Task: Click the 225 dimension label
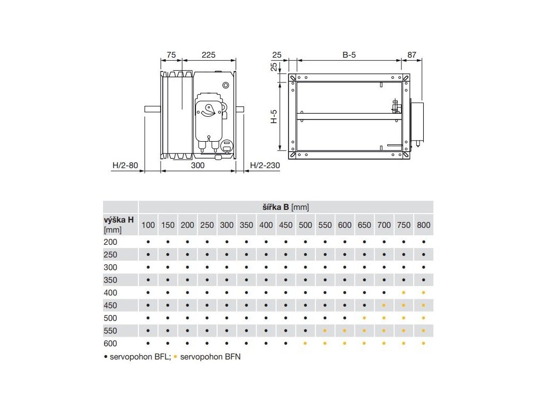point(208,55)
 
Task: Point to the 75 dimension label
point(171,55)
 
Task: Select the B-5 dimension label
point(349,55)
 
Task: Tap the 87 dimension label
point(412,55)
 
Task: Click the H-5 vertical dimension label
point(274,116)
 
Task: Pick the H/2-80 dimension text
point(125,165)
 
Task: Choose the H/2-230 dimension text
point(265,165)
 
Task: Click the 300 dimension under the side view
point(198,165)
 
